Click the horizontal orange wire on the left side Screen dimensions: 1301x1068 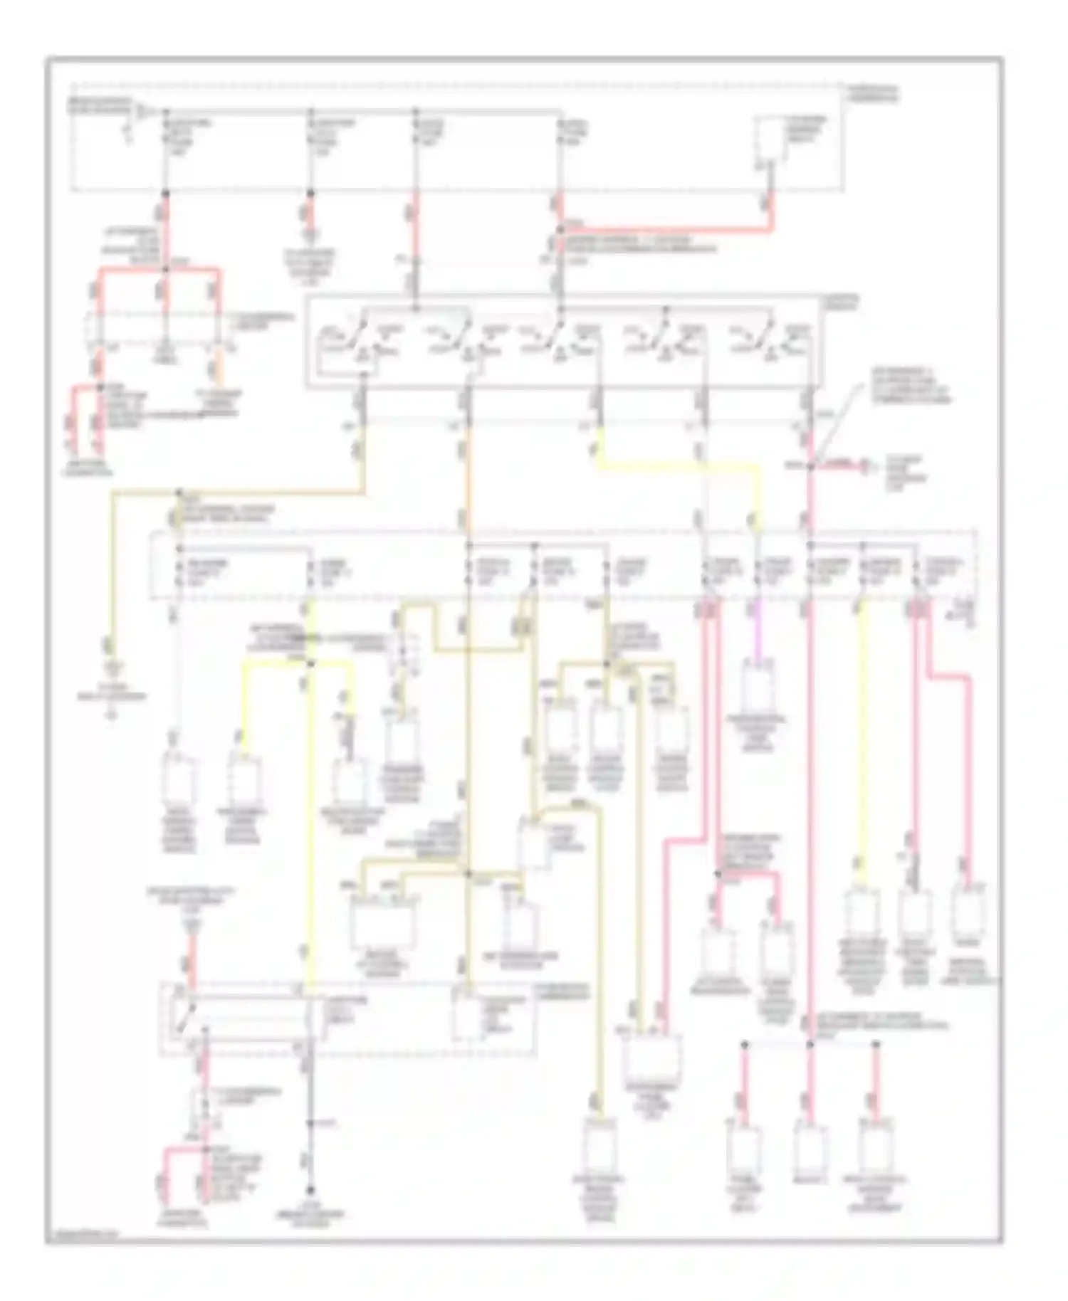(271, 491)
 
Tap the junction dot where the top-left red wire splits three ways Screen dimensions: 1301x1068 (166, 269)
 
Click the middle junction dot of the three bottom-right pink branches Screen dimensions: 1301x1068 (810, 1044)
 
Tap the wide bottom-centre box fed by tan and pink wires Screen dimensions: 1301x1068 (651, 1060)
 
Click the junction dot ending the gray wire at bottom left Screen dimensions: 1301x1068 (310, 1190)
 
